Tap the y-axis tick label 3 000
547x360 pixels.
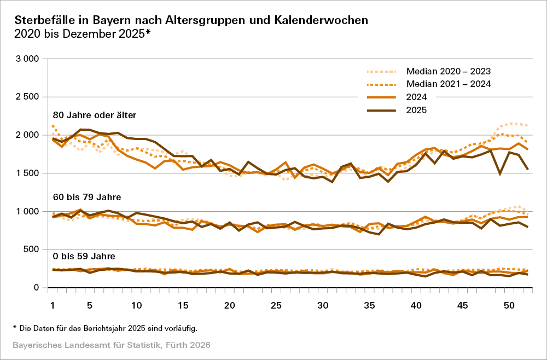[26, 59]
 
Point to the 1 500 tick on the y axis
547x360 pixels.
[26, 173]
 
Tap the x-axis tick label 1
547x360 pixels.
[53, 305]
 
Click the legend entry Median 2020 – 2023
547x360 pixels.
[449, 71]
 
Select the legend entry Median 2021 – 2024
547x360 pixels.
[449, 84]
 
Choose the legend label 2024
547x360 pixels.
[416, 97]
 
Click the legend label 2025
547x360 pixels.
[416, 110]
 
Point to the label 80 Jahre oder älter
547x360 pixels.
[94, 115]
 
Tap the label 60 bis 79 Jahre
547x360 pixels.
[86, 196]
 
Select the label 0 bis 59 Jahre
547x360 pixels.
[83, 256]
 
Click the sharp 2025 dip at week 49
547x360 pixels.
[500, 173]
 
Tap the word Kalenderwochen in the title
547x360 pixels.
[327, 20]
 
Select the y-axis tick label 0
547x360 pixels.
[36, 288]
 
